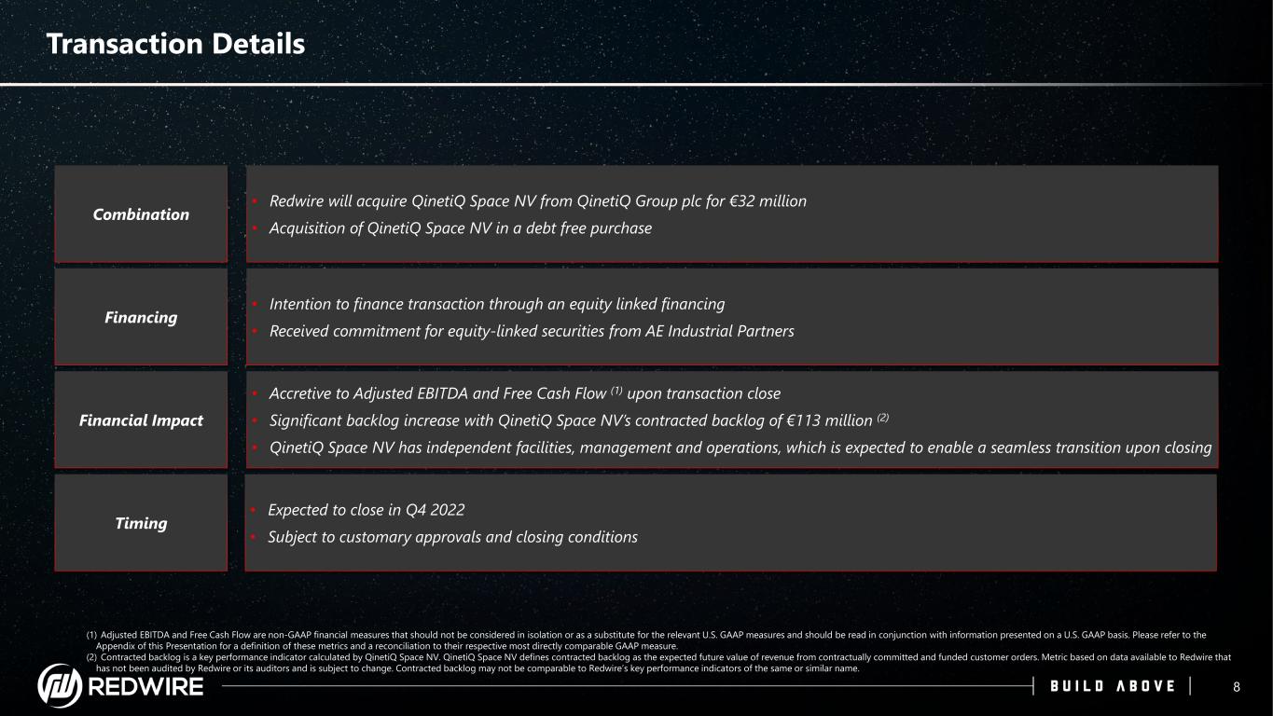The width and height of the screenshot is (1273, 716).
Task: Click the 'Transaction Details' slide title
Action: [175, 44]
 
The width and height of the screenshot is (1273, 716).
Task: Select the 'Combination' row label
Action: [141, 214]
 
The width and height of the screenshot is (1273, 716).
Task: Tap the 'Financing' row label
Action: [141, 317]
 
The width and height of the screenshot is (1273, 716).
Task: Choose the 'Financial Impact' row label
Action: [141, 420]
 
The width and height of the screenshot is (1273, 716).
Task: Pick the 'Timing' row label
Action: [141, 523]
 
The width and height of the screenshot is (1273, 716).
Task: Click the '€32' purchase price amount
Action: [742, 201]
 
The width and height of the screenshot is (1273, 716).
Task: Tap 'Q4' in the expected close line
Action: [415, 510]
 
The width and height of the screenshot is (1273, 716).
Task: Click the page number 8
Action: [1237, 687]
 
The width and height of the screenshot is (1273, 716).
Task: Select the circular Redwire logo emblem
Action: [60, 685]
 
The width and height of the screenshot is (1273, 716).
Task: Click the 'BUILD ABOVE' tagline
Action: [1113, 686]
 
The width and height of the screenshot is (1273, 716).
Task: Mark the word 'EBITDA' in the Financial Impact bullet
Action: [442, 393]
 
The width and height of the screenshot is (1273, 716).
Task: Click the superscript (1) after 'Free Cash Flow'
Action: [616, 391]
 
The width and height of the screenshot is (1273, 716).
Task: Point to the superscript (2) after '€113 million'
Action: [882, 418]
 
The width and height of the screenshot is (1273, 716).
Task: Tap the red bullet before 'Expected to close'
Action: [254, 510]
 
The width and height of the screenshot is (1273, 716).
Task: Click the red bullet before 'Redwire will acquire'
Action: [256, 201]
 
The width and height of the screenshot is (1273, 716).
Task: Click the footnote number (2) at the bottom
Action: [91, 657]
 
